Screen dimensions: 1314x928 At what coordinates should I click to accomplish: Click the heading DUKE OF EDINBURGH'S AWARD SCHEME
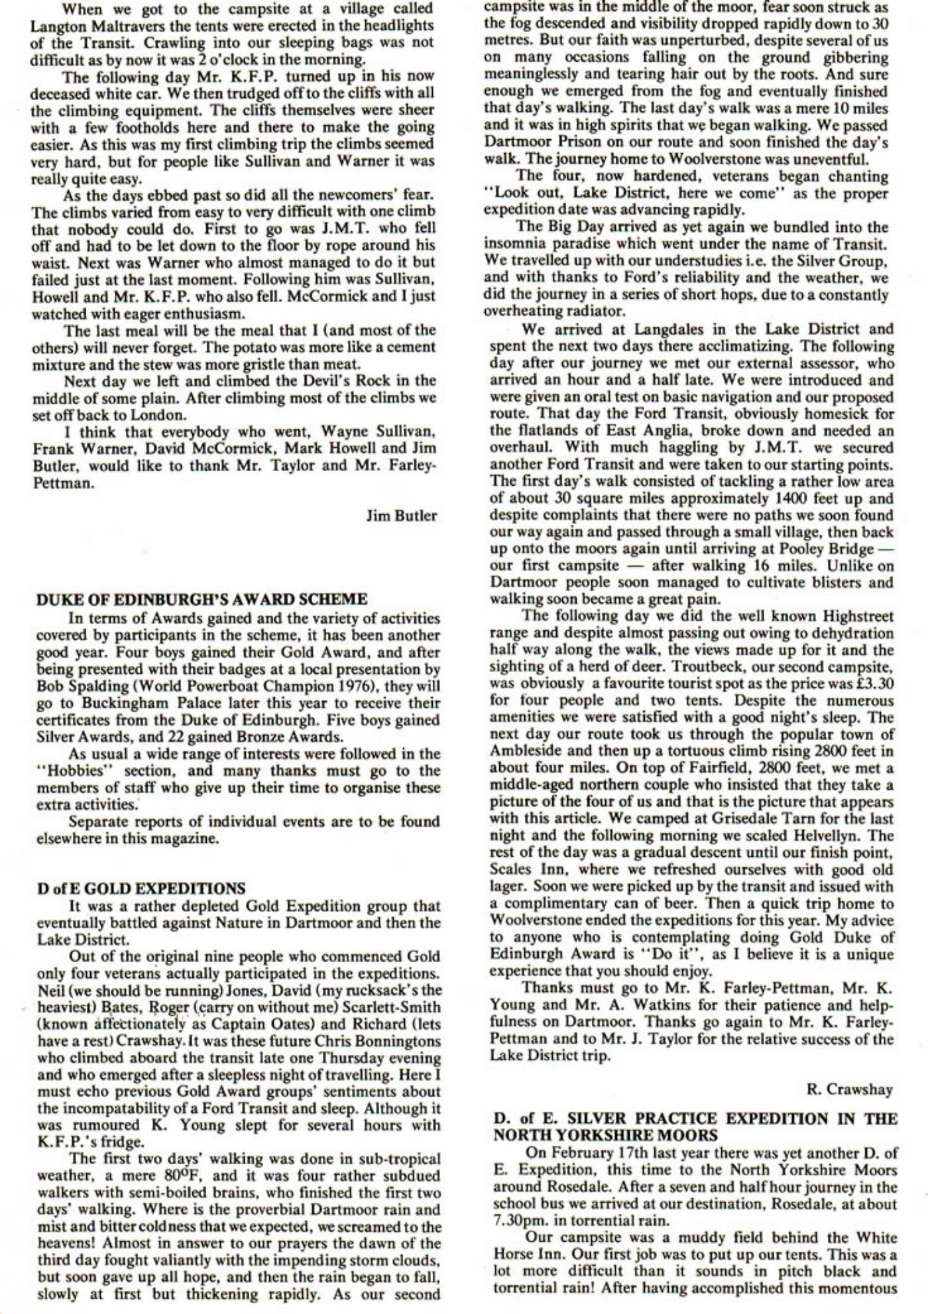click(202, 600)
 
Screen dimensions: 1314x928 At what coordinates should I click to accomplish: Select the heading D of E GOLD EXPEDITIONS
click(141, 889)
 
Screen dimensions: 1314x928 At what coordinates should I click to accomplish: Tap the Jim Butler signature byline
click(401, 516)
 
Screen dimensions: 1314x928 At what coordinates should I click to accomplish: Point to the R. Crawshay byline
click(850, 1089)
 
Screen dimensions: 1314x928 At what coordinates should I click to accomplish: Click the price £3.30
click(869, 683)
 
